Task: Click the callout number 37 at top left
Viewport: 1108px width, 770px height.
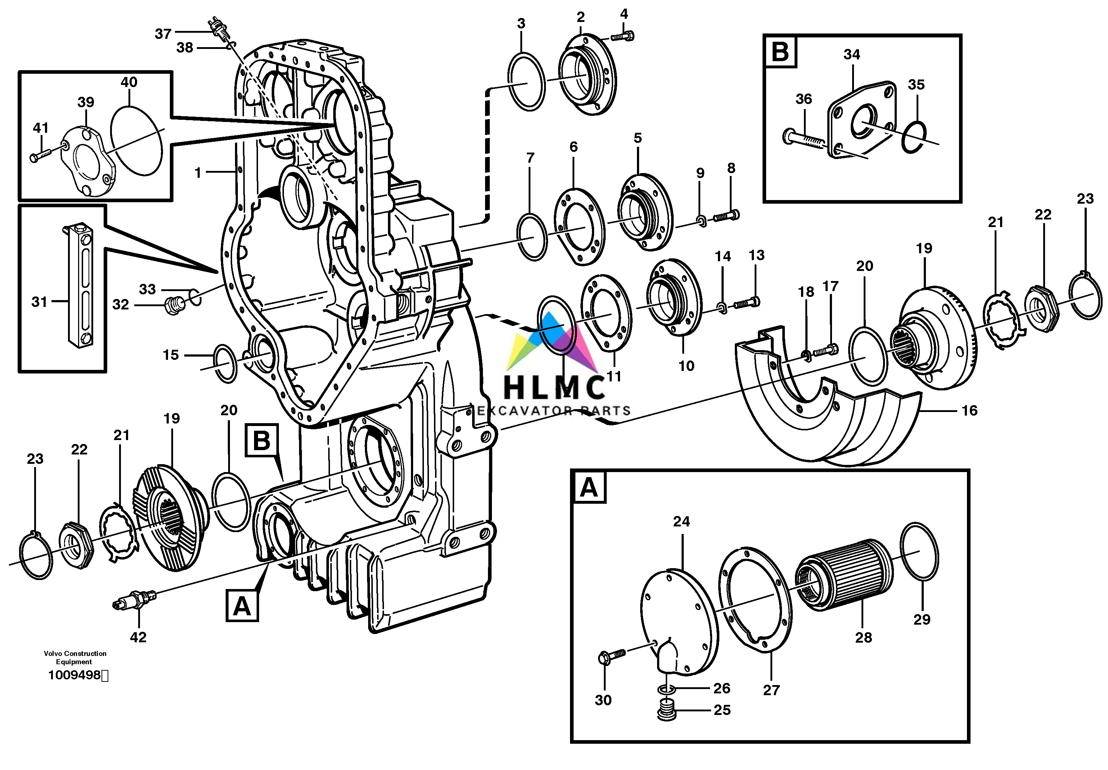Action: [x=163, y=34]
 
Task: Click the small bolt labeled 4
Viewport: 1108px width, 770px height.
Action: [x=624, y=35]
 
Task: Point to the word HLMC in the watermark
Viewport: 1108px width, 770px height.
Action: [x=554, y=388]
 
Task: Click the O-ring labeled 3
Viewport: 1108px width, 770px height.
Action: [x=526, y=81]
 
